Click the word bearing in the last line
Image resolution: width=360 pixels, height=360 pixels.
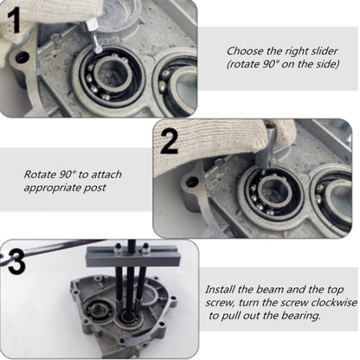tap(299, 318)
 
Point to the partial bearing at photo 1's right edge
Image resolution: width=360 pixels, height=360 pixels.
tap(177, 82)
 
